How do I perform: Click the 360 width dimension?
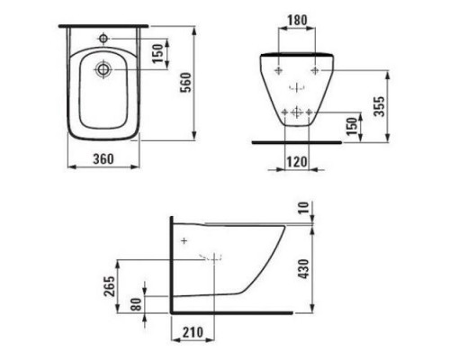[x=103, y=159]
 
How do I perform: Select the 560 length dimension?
[x=186, y=83]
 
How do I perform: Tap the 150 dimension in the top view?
[x=157, y=53]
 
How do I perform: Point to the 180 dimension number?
[x=297, y=21]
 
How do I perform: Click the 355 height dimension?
[x=380, y=106]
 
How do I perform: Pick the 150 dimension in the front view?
[x=352, y=126]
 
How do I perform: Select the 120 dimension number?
[x=297, y=162]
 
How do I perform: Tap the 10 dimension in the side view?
[x=303, y=208]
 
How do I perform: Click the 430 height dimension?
[x=304, y=269]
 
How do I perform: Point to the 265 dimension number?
[x=110, y=286]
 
